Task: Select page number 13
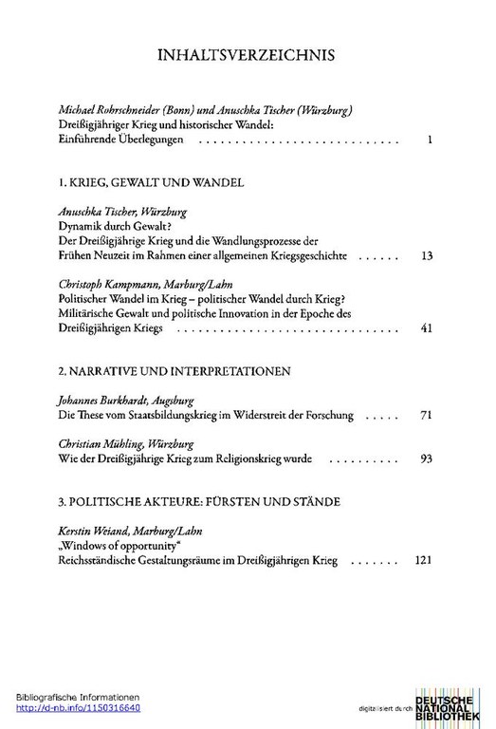tap(426, 256)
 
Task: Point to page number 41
tap(426, 328)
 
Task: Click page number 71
tap(426, 416)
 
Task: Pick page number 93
tap(426, 458)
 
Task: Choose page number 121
tap(424, 561)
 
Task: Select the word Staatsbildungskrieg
tap(171, 416)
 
